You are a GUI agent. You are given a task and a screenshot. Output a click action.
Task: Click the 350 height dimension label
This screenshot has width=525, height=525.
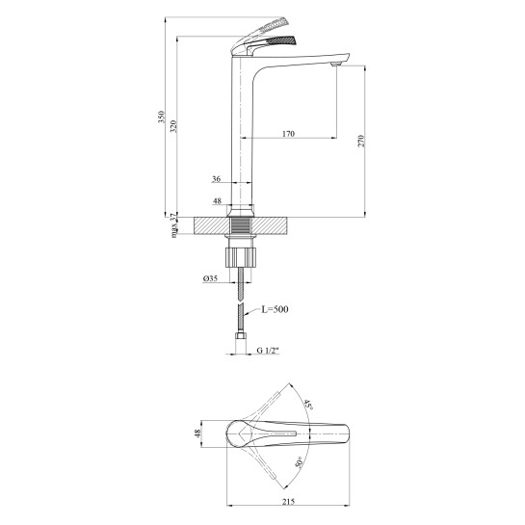pos(162,117)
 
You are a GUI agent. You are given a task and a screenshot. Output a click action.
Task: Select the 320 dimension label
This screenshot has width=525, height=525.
pos(173,126)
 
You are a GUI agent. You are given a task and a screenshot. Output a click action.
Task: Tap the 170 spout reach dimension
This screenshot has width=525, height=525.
pos(288,134)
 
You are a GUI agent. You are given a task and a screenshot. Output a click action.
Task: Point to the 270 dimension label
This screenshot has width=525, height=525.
pos(360,141)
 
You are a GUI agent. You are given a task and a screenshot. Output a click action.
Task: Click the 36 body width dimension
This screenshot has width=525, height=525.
pos(217,179)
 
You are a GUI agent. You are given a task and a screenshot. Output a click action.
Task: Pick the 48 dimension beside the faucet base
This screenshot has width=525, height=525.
pos(217,201)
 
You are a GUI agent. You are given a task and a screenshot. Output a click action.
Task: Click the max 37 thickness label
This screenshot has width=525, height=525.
pos(173,225)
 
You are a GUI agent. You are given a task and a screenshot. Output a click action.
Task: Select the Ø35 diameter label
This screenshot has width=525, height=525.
pos(210,278)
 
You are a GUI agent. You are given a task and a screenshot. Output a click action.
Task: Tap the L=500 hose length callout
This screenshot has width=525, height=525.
pos(275,309)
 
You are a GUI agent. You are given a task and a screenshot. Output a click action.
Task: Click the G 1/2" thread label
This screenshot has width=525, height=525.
pos(268,351)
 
